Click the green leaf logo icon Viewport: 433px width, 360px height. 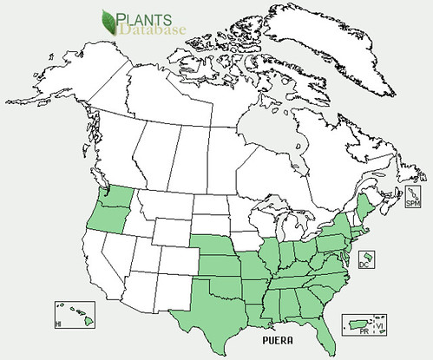coord(110,21)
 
